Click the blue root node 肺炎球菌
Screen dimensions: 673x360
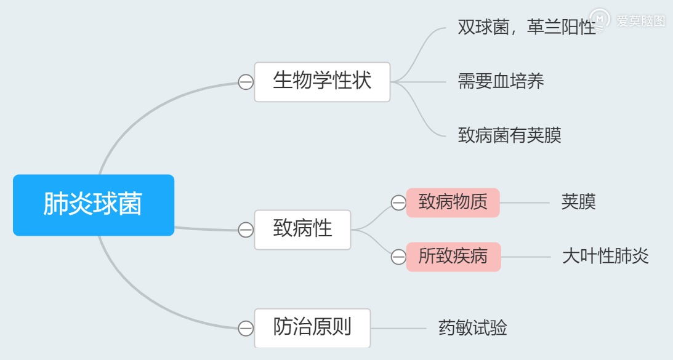click(x=94, y=205)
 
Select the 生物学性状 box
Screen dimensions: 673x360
click(x=322, y=82)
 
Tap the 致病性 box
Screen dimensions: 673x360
click(x=302, y=230)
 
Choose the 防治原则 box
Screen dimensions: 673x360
click(x=312, y=328)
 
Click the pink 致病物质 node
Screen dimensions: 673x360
click(x=453, y=202)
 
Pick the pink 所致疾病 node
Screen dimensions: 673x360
click(x=453, y=257)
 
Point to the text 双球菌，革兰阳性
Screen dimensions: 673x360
click(x=526, y=28)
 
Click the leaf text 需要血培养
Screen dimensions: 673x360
click(x=501, y=81)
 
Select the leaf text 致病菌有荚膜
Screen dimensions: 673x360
click(x=509, y=135)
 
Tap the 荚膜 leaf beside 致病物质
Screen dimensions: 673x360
click(x=579, y=202)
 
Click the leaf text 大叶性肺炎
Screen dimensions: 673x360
click(x=605, y=257)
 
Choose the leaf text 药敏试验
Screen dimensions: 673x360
click(x=472, y=328)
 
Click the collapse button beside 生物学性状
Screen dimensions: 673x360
click(x=246, y=82)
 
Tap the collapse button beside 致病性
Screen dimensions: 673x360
click(x=246, y=230)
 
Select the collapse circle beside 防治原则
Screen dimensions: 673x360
click(x=246, y=329)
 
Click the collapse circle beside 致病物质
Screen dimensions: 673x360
click(x=398, y=202)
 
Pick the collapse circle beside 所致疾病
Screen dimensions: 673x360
click(x=398, y=257)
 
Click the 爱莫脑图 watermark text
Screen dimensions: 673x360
click(x=640, y=20)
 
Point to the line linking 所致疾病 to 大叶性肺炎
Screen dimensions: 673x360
click(x=526, y=257)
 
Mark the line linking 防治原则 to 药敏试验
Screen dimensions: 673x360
click(x=398, y=329)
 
